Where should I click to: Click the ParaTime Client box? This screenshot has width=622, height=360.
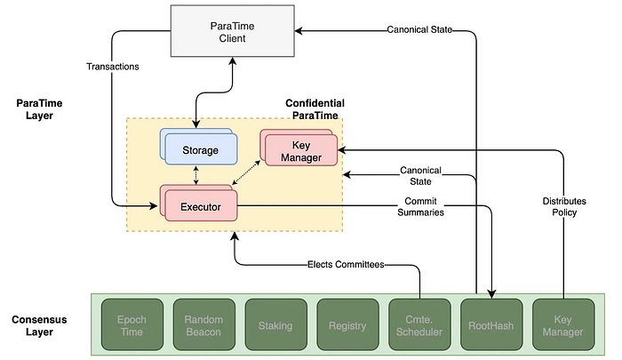coord(233,31)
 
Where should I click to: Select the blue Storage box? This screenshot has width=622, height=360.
coord(199,147)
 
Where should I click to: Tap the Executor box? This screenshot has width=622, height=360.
coord(199,203)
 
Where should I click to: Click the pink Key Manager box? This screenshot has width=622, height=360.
coord(299,148)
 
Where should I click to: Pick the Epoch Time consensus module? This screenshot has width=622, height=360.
coord(132,324)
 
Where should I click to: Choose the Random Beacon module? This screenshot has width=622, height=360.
coord(203,324)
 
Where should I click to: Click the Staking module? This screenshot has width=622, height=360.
coord(275,324)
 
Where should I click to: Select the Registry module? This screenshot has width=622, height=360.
coord(347,324)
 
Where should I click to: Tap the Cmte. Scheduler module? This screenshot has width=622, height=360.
coord(419,324)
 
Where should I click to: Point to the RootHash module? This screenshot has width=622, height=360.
coord(491,324)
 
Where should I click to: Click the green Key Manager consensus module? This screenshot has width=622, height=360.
coord(563,324)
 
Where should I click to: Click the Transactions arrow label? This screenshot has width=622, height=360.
coord(113,67)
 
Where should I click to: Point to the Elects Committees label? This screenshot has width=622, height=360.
coord(346,264)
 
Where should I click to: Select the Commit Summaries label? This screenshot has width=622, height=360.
coord(420,207)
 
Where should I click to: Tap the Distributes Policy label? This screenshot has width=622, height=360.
coord(564,206)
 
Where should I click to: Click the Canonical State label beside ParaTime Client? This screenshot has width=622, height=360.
coord(419,29)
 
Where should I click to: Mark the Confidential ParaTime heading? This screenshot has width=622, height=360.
coord(315,109)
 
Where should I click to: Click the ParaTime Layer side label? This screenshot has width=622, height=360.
coord(39,109)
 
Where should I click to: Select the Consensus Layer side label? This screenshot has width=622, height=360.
coord(39,325)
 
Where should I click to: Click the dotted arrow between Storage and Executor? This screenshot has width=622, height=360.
coord(196,175)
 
